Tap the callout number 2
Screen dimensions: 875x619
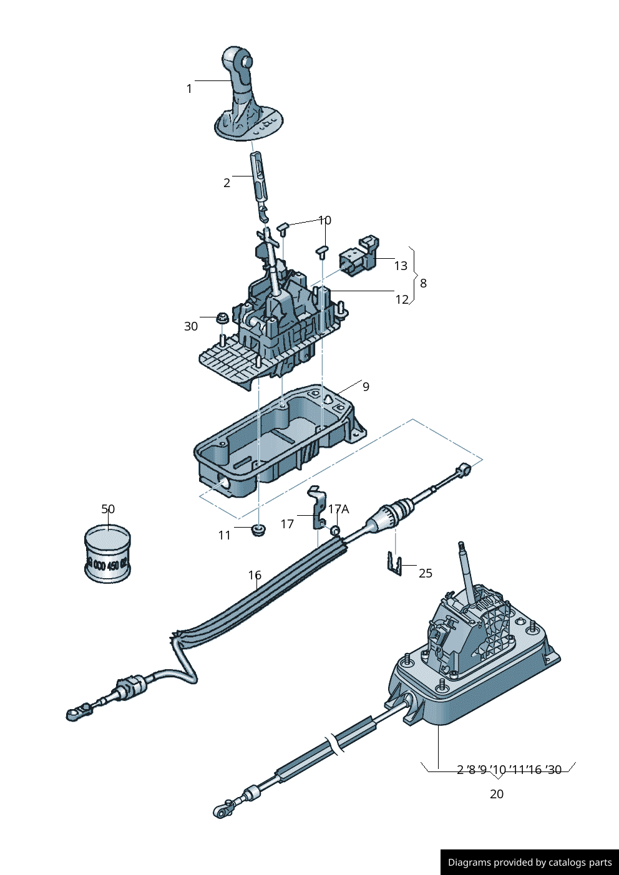click(x=227, y=183)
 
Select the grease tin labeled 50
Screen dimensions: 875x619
click(x=107, y=554)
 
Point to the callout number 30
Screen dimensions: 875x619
click(x=191, y=326)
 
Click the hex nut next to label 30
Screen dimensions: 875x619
click(x=221, y=319)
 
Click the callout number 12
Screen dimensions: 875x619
click(x=402, y=299)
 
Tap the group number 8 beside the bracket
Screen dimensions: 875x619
click(x=423, y=283)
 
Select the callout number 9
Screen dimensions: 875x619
click(x=366, y=387)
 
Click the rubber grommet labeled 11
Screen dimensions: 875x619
click(x=258, y=530)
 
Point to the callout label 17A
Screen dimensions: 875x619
click(x=339, y=509)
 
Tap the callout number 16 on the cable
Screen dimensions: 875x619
click(x=255, y=574)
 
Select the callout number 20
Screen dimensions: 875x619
click(x=497, y=794)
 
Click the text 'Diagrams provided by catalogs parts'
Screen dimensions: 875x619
click(x=530, y=863)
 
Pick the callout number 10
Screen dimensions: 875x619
click(x=324, y=220)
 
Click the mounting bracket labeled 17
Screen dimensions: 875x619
click(x=317, y=508)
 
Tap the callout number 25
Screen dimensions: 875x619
click(x=426, y=573)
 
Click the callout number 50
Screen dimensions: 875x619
click(x=108, y=509)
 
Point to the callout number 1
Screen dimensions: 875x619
click(x=189, y=89)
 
